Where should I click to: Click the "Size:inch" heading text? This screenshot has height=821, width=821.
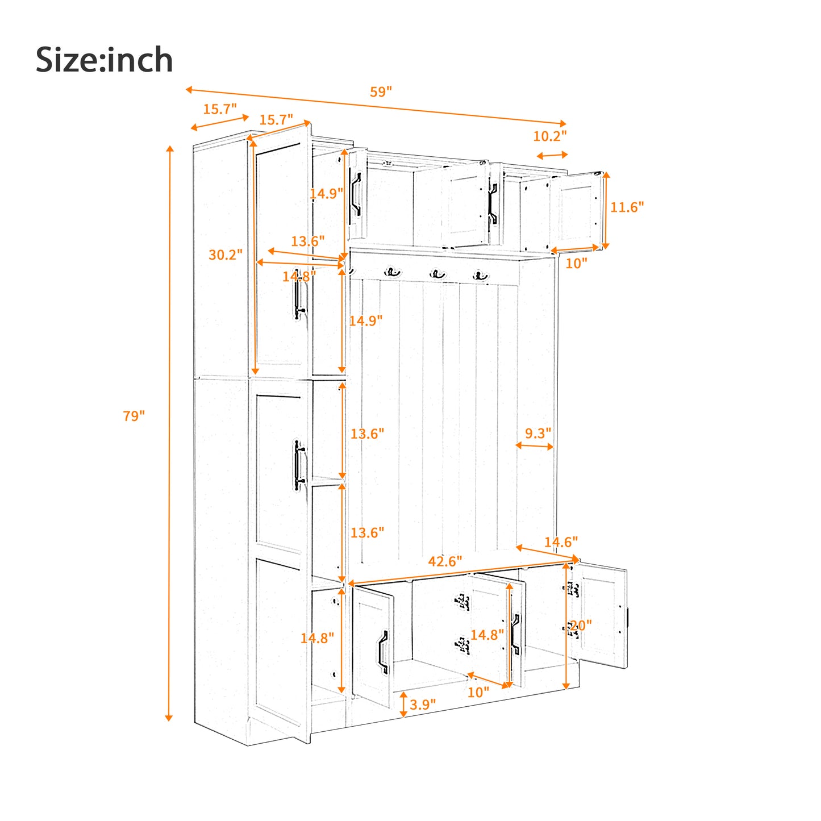point(104,60)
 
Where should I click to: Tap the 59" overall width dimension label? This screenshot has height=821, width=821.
point(381,92)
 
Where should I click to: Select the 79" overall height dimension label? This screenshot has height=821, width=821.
point(134,416)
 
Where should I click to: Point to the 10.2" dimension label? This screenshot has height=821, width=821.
point(549,136)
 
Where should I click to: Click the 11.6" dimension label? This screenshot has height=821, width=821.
point(627,207)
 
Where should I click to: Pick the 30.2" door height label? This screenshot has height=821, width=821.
point(225,255)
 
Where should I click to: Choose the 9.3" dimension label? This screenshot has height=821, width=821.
point(537,434)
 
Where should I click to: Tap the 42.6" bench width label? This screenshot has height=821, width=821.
point(445,561)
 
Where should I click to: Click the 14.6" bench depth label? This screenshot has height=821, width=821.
point(560,542)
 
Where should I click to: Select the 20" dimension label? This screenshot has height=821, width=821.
point(581,626)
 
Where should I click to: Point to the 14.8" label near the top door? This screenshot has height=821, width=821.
point(299,277)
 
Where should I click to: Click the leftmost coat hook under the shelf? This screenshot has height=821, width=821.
point(392,273)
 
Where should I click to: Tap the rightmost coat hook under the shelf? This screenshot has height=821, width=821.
point(481,277)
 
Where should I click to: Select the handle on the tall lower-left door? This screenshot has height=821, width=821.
point(299,465)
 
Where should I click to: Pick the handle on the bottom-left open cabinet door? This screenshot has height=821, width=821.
point(384,652)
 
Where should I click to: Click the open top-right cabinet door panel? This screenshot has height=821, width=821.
point(577,210)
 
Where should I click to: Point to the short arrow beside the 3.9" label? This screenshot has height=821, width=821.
point(403,704)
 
